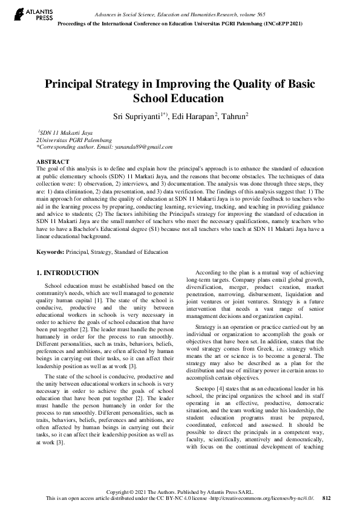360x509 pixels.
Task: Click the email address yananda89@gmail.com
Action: [x=143, y=146]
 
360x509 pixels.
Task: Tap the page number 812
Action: [x=327, y=498]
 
